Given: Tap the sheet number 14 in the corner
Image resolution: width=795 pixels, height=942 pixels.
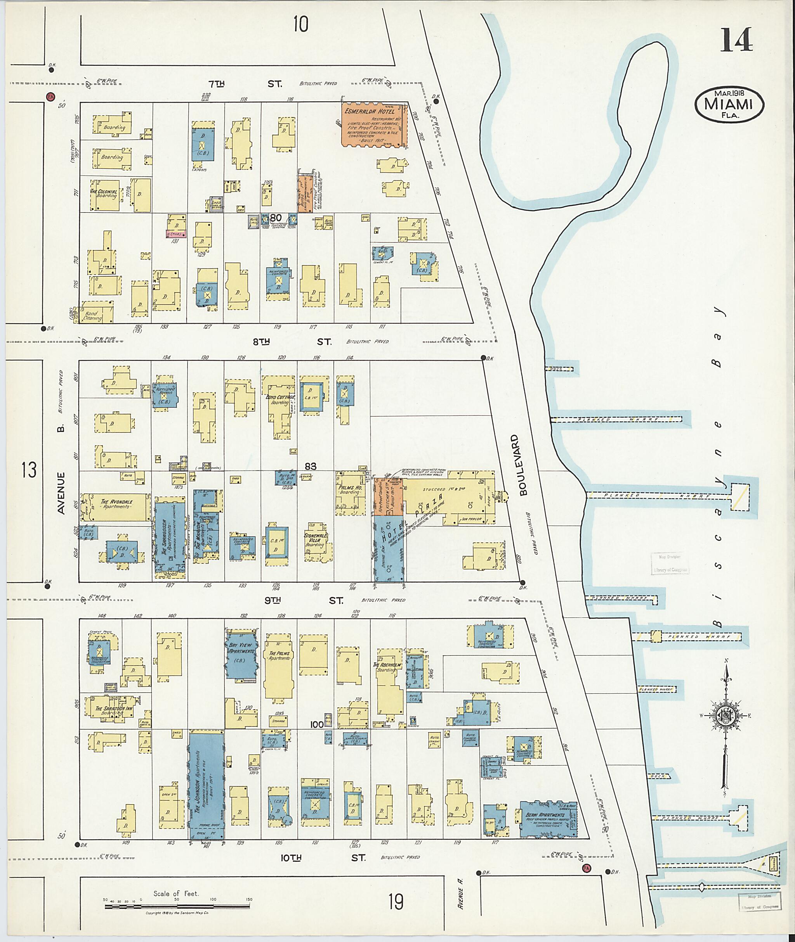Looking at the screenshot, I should point(736,40).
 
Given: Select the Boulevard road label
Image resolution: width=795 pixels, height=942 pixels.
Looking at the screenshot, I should point(523,466).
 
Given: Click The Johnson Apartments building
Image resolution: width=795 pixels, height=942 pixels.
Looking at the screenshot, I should point(206,784).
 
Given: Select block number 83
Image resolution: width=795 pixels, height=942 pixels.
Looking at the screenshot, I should point(310,466).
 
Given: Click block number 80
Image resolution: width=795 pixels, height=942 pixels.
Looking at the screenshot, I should point(275,218).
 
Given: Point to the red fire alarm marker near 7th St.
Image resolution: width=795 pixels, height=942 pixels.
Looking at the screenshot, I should point(50,96).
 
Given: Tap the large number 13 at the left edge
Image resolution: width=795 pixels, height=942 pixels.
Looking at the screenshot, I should point(28,470).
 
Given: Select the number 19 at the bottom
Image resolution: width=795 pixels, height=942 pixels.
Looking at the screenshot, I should point(396,902).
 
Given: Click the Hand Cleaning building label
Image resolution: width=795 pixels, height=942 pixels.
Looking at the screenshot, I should point(93,315).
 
